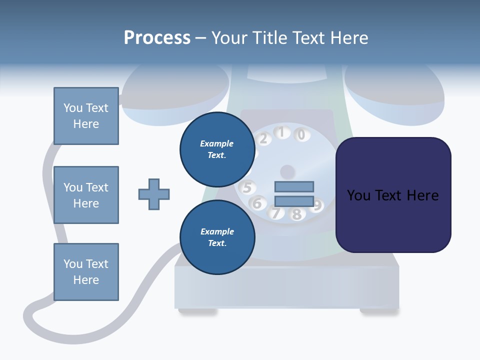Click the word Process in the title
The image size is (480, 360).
(x=157, y=38)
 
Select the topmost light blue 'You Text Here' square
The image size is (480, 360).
(x=86, y=116)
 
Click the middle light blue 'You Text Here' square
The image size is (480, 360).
(x=86, y=195)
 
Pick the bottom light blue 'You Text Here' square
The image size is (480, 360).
(x=86, y=272)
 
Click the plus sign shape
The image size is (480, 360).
(x=154, y=194)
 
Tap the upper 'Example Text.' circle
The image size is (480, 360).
(x=217, y=149)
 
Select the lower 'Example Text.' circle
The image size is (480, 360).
(x=217, y=237)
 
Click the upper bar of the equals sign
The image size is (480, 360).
(x=294, y=186)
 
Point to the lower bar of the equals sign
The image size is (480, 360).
(x=294, y=201)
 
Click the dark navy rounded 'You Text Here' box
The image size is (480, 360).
(x=393, y=195)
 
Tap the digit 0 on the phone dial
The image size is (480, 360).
(x=301, y=134)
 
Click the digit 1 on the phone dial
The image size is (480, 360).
(x=281, y=132)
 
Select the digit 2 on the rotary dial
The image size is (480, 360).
(x=263, y=139)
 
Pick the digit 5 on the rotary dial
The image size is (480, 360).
(x=246, y=188)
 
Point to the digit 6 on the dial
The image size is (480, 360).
(x=257, y=203)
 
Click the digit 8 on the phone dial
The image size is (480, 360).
(x=296, y=214)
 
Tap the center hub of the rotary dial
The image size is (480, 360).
(x=287, y=172)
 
